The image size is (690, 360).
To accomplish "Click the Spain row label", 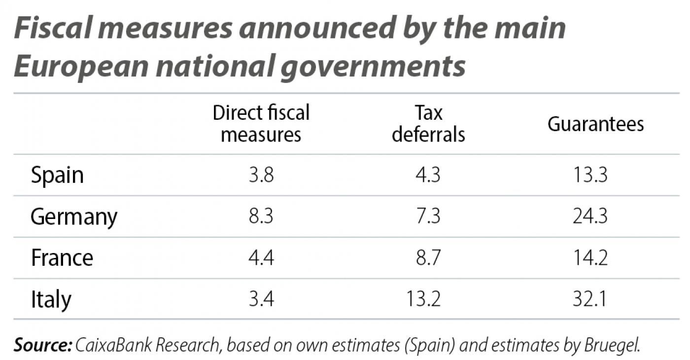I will pos(57,176).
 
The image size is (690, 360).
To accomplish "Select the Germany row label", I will pos(74,217).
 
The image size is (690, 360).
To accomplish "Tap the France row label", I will pos(62,258).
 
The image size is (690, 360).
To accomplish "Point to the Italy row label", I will pos(51,299).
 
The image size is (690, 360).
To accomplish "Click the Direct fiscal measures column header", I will pos(261,123).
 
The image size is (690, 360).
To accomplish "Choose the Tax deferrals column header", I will pos(428,123).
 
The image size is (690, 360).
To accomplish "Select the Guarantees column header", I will pos(595,124).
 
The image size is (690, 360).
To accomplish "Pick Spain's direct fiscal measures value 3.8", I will pos(261,176).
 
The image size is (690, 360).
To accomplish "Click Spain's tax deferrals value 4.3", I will pos(428,176).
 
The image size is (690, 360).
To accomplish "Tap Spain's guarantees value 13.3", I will pos(590,176).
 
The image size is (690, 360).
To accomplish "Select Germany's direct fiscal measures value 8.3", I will pos(261,217).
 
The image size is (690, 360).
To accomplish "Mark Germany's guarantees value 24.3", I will pos(590,217).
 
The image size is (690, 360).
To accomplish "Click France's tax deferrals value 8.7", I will pos(428,258).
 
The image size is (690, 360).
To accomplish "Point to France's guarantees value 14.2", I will pos(590,258).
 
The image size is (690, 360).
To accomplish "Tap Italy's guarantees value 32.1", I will pos(590,299).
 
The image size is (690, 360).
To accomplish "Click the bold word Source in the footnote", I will pos(42,345).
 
